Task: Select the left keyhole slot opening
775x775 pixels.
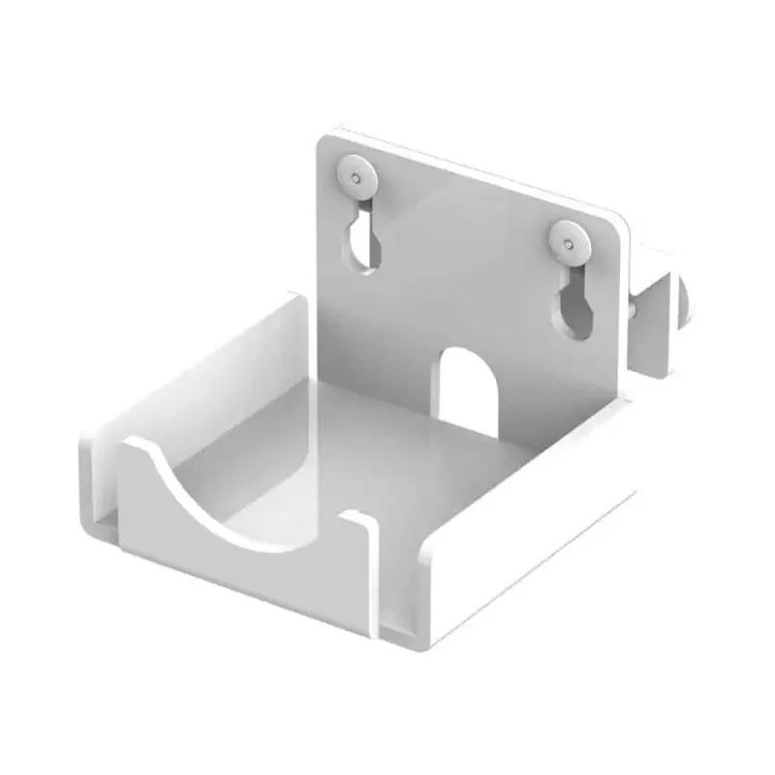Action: [x=360, y=242]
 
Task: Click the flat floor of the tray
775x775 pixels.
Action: [x=387, y=455]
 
